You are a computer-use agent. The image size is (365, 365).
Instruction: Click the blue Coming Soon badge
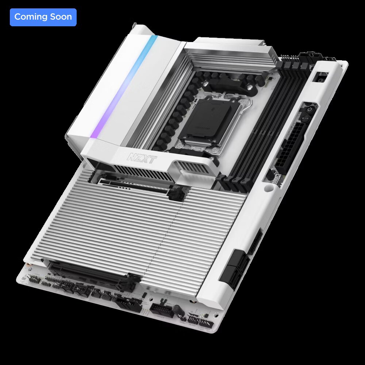click(43, 17)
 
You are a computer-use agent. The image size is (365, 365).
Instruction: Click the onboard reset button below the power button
click(306, 118)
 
